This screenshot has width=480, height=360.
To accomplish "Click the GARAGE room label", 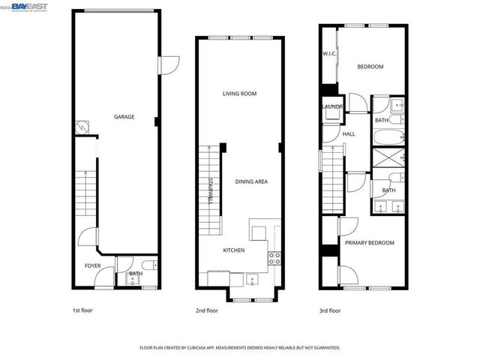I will pos(124,117).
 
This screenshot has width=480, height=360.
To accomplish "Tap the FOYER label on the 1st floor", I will pos(92,265).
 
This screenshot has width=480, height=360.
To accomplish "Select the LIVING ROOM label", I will pos(239,94).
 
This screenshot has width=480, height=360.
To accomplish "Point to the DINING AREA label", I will pos(251,181).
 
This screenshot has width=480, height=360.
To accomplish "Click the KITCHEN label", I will pos(233,250).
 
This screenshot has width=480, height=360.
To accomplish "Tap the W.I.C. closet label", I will pos(329,53).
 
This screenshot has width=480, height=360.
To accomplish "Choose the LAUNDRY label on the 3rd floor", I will pos(332,107).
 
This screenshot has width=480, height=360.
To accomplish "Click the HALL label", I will pos(349,134).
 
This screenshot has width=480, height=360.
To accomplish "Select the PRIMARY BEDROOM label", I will pos(369,243).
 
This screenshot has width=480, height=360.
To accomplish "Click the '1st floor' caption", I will pos(82,310).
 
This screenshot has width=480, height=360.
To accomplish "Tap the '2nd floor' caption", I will pos(207,310).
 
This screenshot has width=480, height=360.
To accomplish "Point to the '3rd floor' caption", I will pos(329,310).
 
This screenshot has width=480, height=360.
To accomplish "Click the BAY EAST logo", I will pos(29,7).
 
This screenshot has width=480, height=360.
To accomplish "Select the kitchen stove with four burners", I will pos(274,259).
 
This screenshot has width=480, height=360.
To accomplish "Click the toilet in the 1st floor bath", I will pos(148,264).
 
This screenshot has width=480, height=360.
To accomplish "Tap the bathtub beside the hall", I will pos(389,138).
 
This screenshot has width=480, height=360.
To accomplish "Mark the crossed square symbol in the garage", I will pos(81,128).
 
